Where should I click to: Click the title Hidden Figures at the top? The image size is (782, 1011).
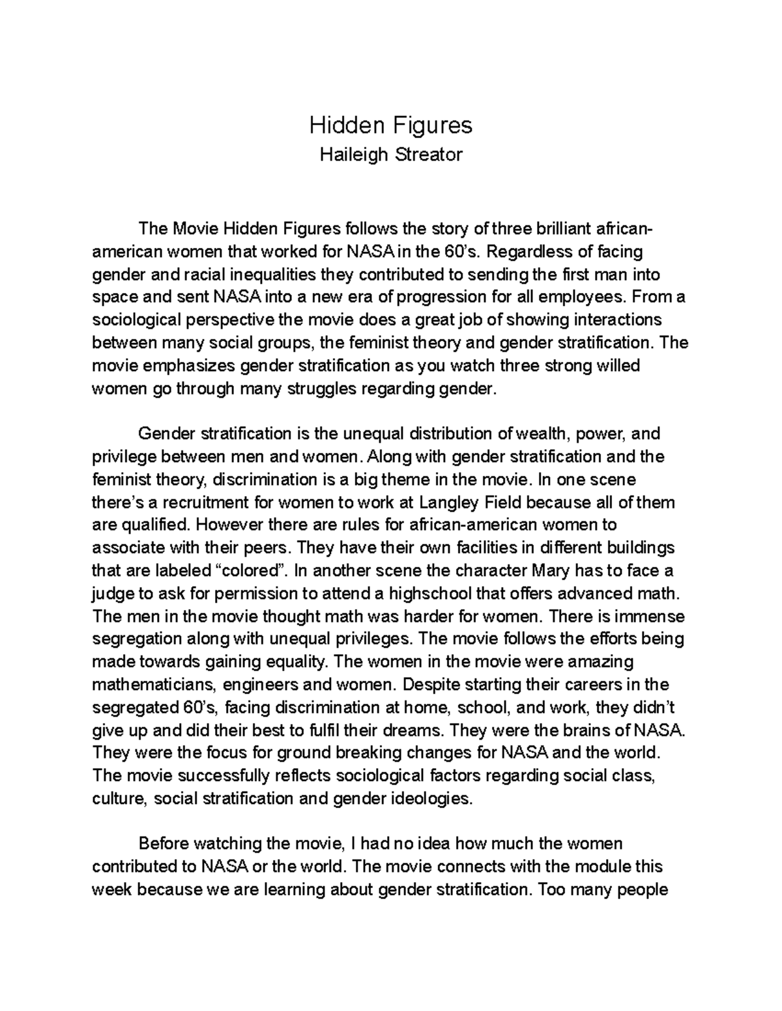[x=390, y=125]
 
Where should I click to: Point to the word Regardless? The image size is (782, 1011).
[x=529, y=252]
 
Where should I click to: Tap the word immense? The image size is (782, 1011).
[x=648, y=616]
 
